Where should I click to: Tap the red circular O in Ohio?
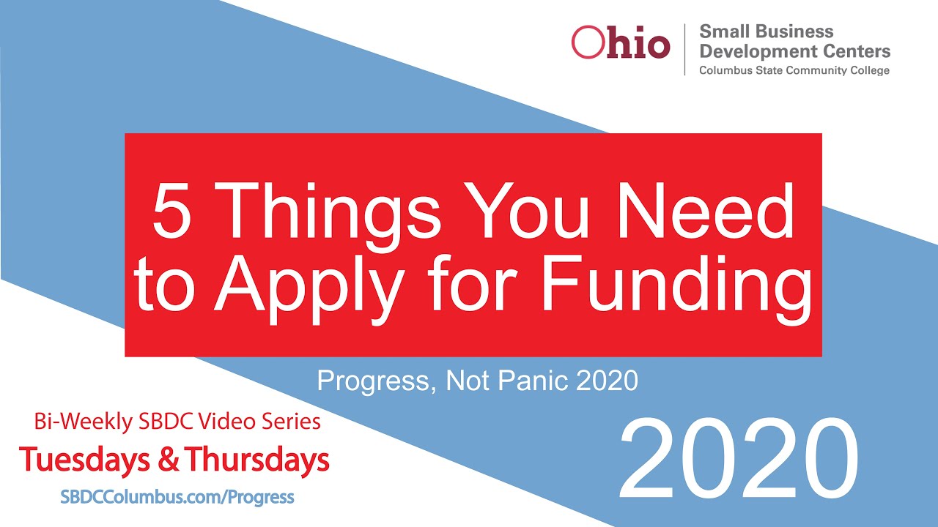[586, 43]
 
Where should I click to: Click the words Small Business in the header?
[766, 31]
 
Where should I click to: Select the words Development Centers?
[794, 51]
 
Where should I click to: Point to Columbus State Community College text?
[794, 70]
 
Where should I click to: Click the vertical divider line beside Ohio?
[684, 49]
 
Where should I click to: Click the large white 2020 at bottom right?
[738, 460]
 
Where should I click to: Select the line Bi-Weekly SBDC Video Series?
[177, 422]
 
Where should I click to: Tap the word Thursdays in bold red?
[257, 460]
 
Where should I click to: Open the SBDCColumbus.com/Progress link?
[177, 498]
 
